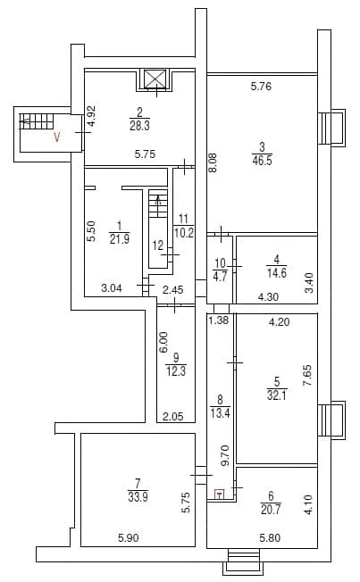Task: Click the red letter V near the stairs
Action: click(x=57, y=137)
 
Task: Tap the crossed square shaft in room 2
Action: click(x=154, y=79)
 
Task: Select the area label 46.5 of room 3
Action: click(x=262, y=161)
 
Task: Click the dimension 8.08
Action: click(x=214, y=162)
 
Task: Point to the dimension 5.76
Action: click(x=261, y=87)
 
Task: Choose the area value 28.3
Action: click(x=139, y=126)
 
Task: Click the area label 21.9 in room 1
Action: click(x=120, y=238)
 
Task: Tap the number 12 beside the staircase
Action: click(x=158, y=245)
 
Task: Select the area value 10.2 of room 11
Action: click(x=184, y=233)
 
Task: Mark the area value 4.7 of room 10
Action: click(x=221, y=277)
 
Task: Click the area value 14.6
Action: click(x=276, y=273)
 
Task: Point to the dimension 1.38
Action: click(x=219, y=320)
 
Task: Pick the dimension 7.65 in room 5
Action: click(x=307, y=376)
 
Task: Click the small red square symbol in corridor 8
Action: click(x=220, y=494)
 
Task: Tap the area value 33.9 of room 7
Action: click(x=138, y=496)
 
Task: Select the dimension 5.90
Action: click(x=129, y=537)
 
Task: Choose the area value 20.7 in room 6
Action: click(x=271, y=509)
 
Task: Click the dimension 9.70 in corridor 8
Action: click(x=226, y=456)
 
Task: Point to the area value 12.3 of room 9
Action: click(x=176, y=370)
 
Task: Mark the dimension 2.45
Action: click(x=173, y=289)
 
